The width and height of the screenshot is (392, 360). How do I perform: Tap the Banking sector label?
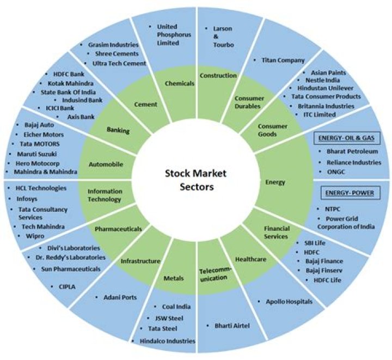coord(118,131)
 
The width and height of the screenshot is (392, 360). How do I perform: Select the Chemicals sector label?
coord(179,83)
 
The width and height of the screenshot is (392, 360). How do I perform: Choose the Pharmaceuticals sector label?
coord(118,229)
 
